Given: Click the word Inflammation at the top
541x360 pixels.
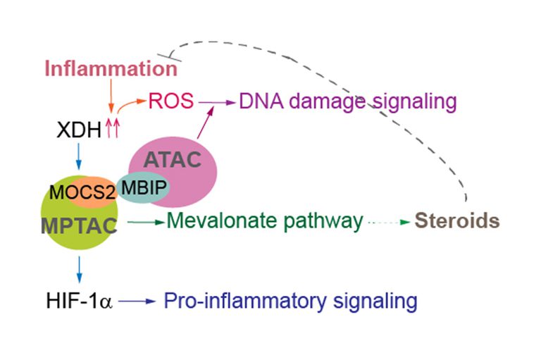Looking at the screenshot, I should [x=111, y=69].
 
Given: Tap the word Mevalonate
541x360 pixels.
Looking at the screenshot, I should [x=221, y=221].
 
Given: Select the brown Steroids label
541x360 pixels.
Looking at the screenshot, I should [x=456, y=221].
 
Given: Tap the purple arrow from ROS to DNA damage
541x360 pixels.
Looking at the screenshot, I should [x=216, y=102].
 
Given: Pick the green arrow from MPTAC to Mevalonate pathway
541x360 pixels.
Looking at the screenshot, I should [x=145, y=222].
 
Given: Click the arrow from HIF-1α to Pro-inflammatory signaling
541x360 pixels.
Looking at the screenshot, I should [x=136, y=302].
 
